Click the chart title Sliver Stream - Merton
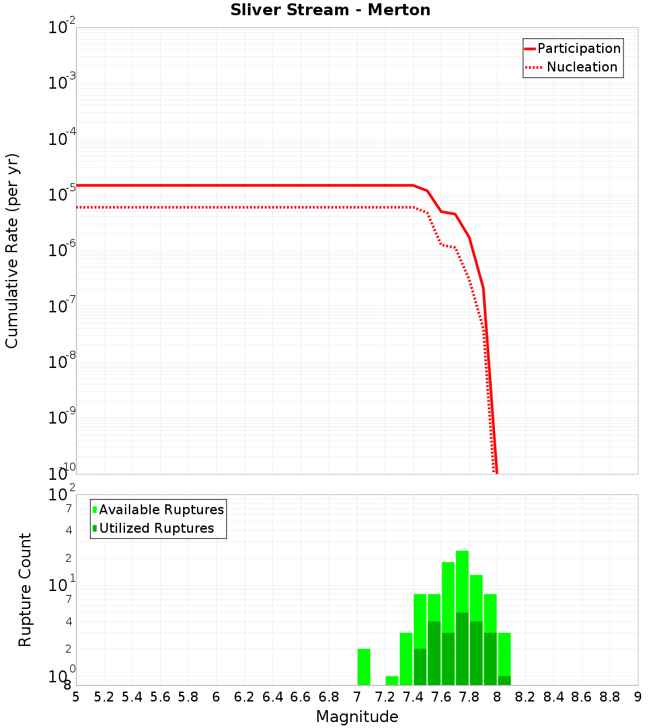coord(330,11)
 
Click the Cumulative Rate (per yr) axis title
coord(13,251)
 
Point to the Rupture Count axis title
coord(25,590)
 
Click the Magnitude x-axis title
coord(357,717)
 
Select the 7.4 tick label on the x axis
coord(413,697)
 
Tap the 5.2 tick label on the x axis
coord(104,697)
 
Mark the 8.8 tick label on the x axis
coord(609,697)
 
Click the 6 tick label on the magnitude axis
coord(216,697)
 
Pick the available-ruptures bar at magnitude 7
coord(364,666)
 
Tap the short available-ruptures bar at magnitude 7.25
coord(392,680)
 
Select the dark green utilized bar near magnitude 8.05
coord(504,680)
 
